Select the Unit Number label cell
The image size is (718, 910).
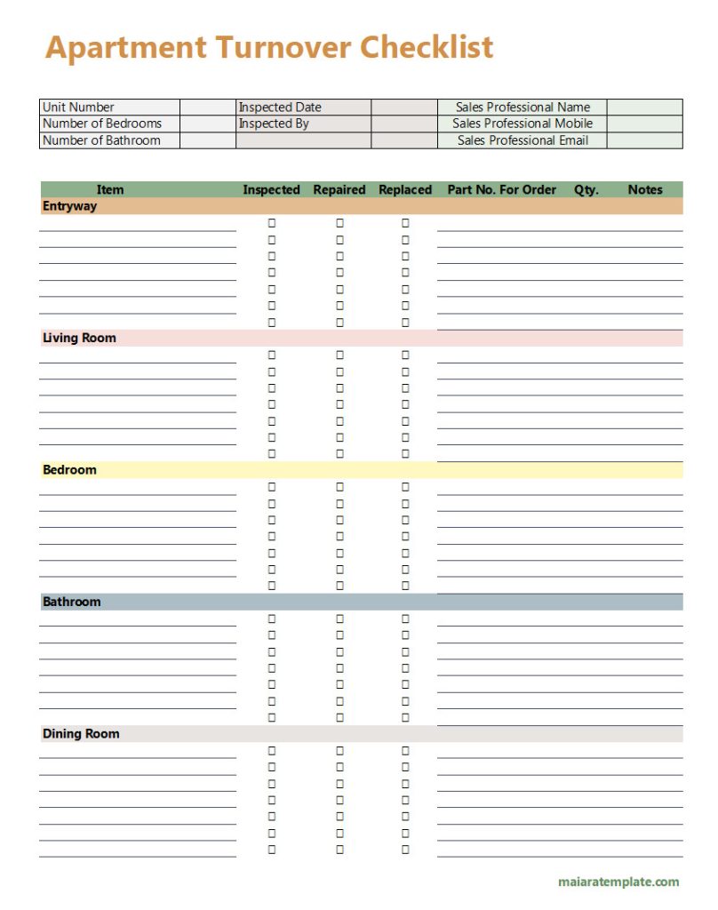pos(78,108)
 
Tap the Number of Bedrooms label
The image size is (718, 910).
pos(102,124)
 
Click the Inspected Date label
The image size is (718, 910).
pos(280,108)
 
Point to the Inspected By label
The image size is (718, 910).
pos(274,124)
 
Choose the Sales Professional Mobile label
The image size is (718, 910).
pos(523,124)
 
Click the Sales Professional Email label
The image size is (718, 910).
pos(523,140)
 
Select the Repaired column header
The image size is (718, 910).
pos(339,189)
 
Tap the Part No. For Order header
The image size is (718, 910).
pos(502,189)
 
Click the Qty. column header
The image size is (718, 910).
pos(586,189)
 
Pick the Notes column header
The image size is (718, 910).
pos(645,189)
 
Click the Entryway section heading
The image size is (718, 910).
pos(69,206)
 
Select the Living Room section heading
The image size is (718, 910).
pos(79,339)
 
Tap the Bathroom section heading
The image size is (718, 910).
pos(71,602)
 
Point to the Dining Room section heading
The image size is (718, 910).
pos(81,734)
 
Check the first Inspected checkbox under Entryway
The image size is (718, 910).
pos(272,223)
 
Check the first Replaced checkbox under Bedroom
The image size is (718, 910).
pos(405,487)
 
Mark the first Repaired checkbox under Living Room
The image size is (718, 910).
pos(339,355)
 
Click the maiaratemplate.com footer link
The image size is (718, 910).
pos(618,882)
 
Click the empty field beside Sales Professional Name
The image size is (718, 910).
pos(645,108)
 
